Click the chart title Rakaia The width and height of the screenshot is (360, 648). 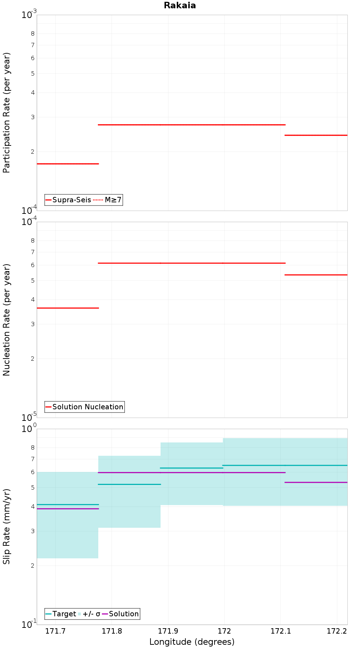click(180, 5)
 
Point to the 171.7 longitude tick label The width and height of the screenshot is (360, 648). click(55, 631)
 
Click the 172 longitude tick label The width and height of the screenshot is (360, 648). click(224, 631)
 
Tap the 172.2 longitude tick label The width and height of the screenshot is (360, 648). click(337, 631)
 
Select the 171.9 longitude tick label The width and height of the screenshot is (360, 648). click(168, 631)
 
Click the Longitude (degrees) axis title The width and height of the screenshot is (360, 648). click(192, 642)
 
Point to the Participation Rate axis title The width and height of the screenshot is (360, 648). click(7, 113)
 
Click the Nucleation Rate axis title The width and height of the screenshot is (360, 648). click(7, 320)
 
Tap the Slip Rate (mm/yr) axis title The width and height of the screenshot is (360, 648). click(7, 526)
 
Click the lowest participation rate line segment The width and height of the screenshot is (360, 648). click(68, 164)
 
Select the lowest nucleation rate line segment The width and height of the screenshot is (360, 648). click(68, 308)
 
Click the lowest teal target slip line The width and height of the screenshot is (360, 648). click(68, 504)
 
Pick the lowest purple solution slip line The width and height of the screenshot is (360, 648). click(68, 509)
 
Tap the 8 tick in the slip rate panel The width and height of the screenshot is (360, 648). click(33, 448)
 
